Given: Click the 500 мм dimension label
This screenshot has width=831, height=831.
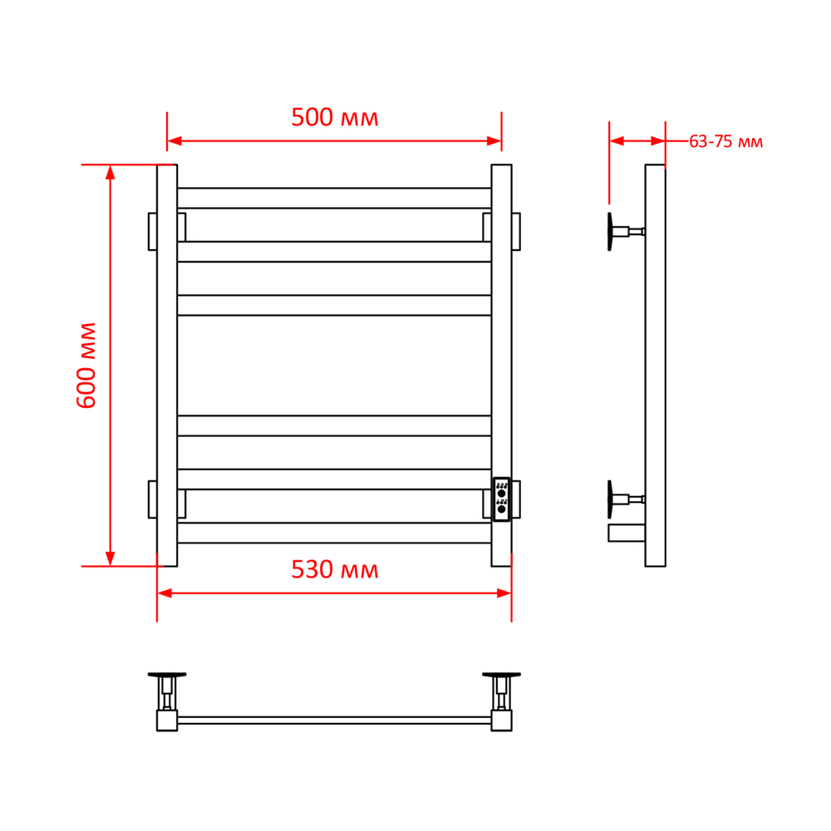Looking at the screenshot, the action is click(334, 117).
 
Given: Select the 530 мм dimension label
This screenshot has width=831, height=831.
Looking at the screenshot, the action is click(334, 570).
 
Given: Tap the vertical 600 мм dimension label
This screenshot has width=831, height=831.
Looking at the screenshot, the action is click(86, 365).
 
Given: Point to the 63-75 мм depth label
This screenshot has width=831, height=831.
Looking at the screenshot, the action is click(725, 141).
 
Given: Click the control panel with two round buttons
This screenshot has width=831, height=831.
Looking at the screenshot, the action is click(501, 499).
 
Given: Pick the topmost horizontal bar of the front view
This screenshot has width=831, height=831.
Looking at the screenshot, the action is click(334, 199).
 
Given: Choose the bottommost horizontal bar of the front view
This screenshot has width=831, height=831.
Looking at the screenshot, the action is click(334, 533).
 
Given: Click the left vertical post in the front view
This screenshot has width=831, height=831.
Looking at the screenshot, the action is click(167, 365).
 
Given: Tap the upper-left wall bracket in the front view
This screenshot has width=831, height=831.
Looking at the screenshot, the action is click(153, 232).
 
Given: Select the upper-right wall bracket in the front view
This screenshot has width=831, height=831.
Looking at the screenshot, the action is click(516, 232).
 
